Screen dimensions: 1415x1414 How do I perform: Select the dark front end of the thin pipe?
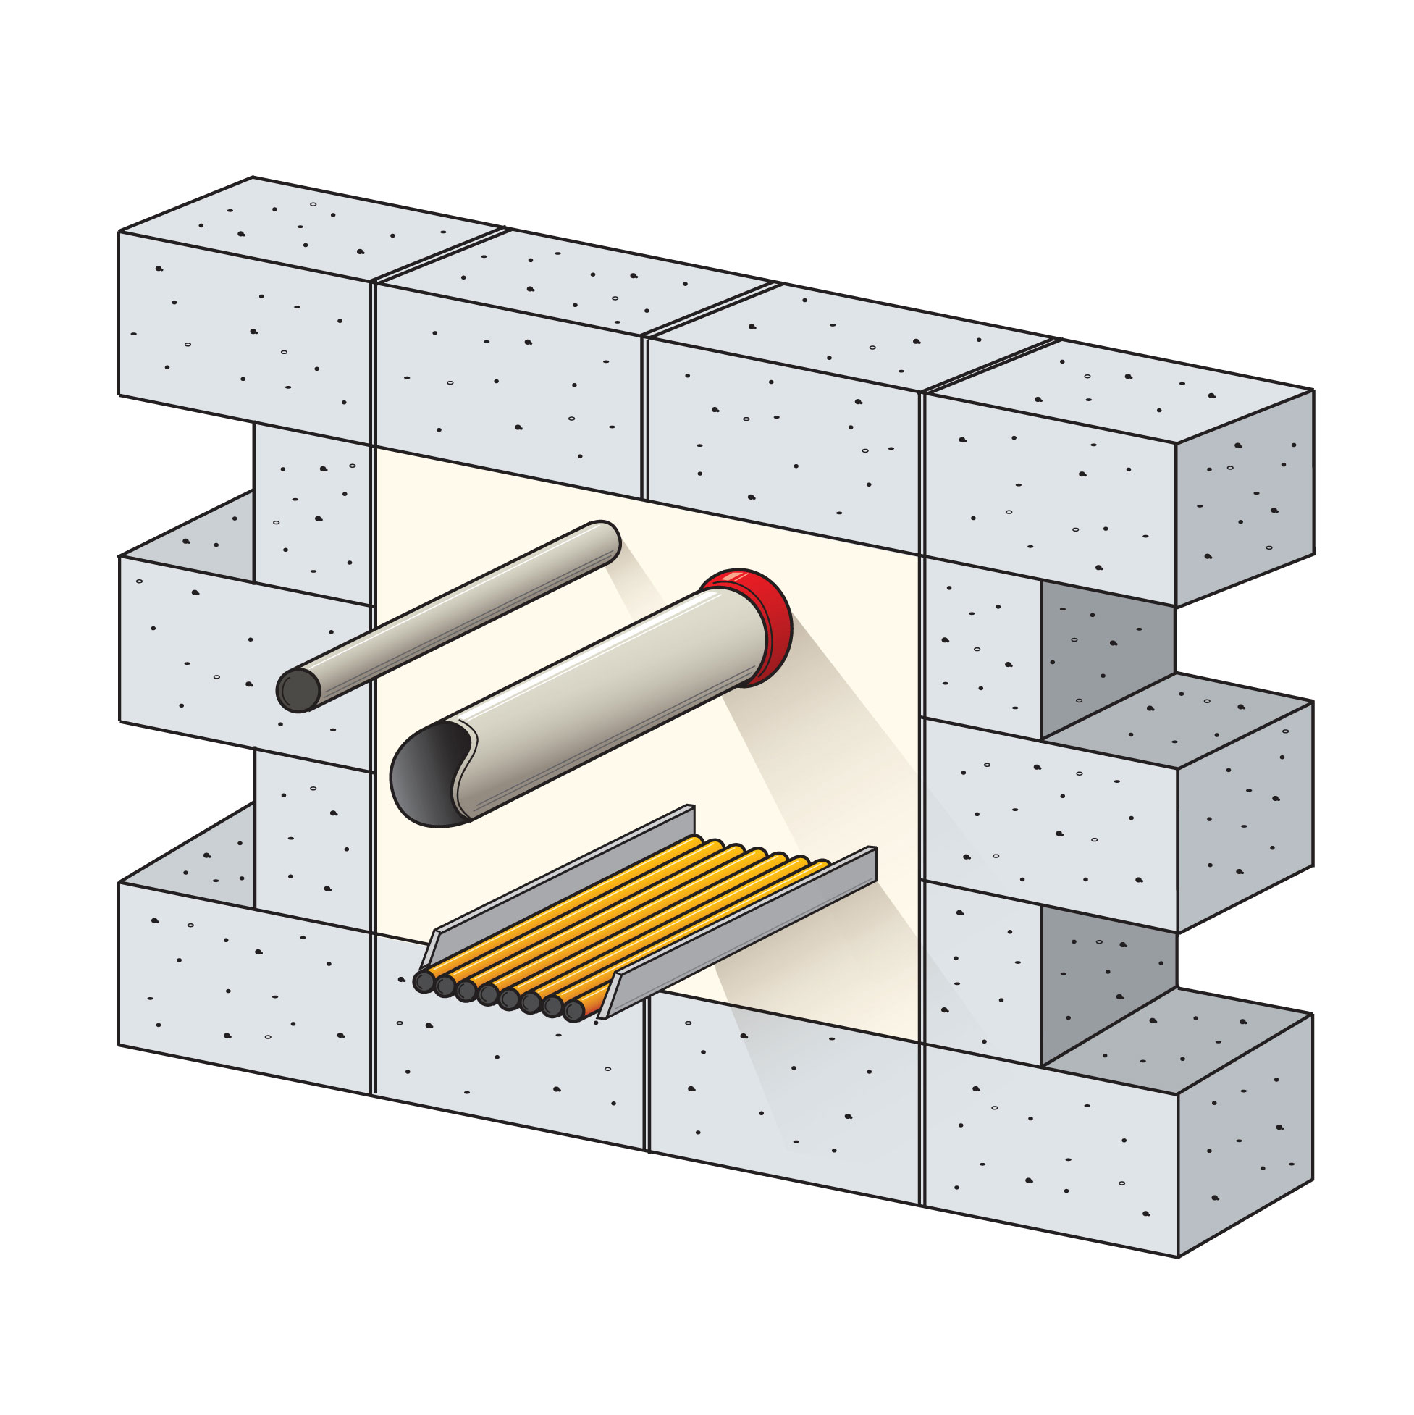tap(298, 690)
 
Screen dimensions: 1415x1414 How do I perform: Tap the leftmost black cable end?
tap(424, 981)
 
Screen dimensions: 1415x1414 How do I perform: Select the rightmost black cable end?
tap(574, 1011)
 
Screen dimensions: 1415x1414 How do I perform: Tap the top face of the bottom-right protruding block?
tap(1179, 1040)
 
